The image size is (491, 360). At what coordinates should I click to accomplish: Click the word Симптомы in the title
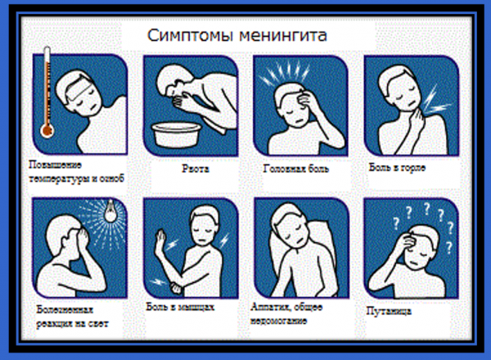click(191, 36)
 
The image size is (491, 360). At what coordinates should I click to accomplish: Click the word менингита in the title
click(283, 36)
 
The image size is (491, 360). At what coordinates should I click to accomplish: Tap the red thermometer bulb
click(47, 131)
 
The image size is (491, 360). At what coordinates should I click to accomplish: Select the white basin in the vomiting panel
click(176, 134)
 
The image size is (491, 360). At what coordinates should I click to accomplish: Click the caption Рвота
click(196, 169)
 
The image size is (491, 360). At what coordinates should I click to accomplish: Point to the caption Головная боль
click(296, 169)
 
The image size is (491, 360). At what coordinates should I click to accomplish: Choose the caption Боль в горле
click(397, 168)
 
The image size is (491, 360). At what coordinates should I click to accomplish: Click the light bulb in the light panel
click(110, 211)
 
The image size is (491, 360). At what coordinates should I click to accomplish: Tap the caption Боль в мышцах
click(180, 307)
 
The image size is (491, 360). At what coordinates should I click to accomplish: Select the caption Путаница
click(389, 311)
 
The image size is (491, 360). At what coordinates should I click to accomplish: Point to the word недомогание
click(278, 321)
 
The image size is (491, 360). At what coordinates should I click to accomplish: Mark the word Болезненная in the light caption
click(65, 309)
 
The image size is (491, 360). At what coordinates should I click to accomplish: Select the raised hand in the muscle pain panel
click(161, 240)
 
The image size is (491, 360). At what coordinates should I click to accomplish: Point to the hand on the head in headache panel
click(306, 100)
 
